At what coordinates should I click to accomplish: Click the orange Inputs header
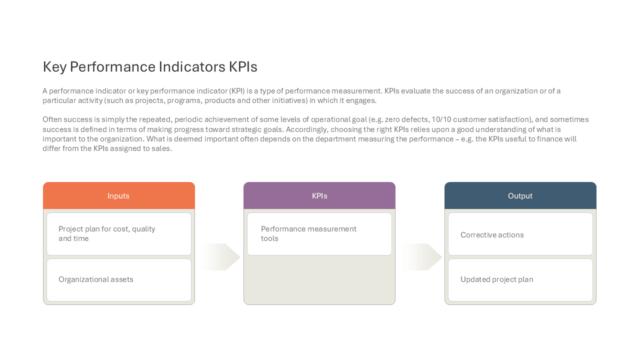pos(119,195)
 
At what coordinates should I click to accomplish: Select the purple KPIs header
pos(319,195)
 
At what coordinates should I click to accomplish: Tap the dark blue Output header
pos(520,195)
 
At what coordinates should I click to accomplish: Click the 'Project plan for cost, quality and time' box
pos(119,234)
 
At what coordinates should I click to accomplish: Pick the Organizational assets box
pos(119,280)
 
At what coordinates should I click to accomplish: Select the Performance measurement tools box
pos(319,234)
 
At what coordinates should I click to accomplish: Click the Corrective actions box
pos(520,234)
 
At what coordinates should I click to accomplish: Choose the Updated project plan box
pos(520,280)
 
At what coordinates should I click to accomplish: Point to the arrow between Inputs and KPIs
pos(219,257)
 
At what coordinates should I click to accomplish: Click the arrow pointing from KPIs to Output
pos(422,257)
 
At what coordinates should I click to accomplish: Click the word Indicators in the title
pos(192,67)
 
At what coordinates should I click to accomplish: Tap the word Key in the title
pos(54,67)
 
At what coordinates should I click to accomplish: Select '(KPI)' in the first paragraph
pos(237,91)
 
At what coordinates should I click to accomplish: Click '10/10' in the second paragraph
pos(441,119)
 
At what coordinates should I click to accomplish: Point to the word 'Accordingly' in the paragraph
pos(307,129)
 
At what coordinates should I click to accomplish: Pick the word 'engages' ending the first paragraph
pos(361,101)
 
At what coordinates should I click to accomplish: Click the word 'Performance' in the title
pos(113,67)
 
